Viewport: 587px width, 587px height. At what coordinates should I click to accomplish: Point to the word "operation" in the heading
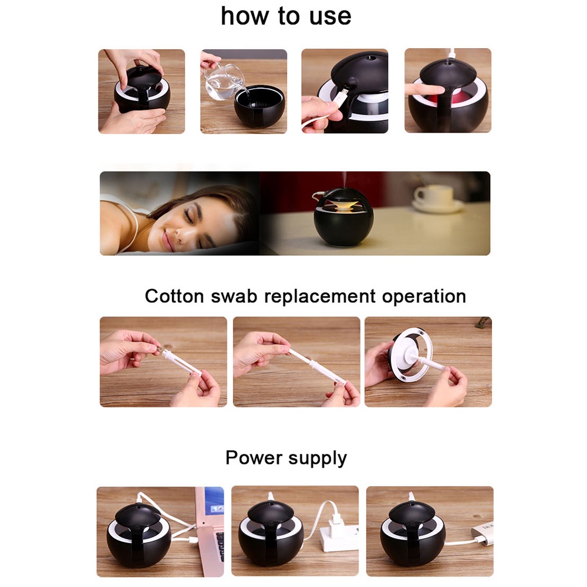point(424,296)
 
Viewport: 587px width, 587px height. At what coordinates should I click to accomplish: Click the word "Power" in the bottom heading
point(254,457)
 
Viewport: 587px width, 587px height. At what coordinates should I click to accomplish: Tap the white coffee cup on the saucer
point(434,195)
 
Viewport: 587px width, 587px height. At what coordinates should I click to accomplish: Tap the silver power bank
point(483,533)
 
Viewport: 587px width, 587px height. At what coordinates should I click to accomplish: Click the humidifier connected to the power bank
point(414,534)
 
